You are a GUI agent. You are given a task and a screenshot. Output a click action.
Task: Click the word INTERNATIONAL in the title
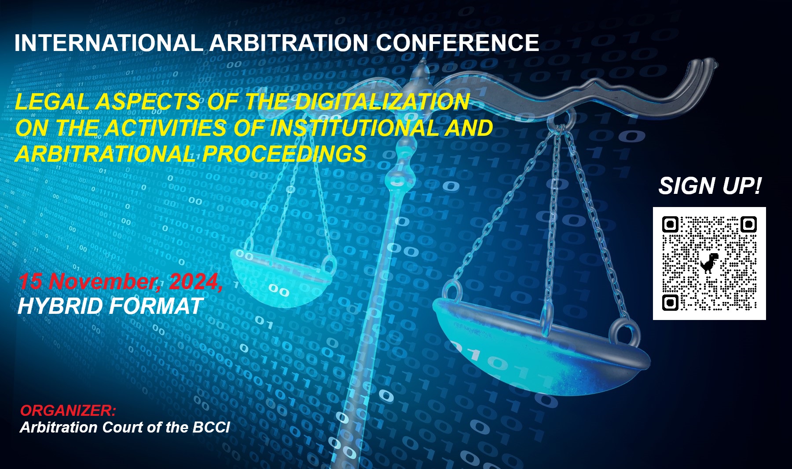(109, 43)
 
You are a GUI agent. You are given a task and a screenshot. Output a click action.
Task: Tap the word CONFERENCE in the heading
(457, 43)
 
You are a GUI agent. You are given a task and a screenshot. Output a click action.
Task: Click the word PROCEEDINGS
(284, 154)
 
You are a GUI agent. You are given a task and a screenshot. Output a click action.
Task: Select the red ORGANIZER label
(68, 411)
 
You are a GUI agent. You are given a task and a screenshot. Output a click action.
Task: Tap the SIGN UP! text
(710, 186)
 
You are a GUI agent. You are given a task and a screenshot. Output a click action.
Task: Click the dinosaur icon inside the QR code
(709, 263)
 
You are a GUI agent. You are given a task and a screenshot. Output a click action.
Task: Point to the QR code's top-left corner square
(670, 225)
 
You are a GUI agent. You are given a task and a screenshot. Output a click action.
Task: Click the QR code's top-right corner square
(748, 225)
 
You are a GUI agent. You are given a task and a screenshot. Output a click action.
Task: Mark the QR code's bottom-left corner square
(670, 302)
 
